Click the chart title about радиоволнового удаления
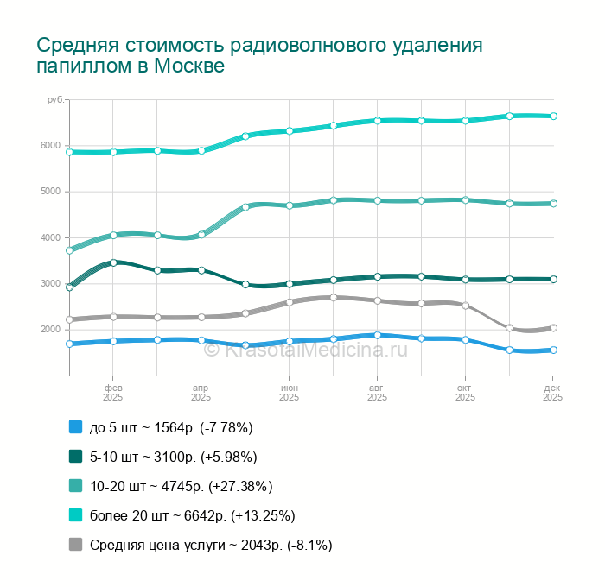pyautogui.click(x=259, y=55)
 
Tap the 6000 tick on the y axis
pyautogui.click(x=49, y=145)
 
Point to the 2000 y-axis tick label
pyautogui.click(x=49, y=330)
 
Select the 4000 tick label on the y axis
pyautogui.click(x=49, y=237)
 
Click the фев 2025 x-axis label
pyautogui.click(x=113, y=393)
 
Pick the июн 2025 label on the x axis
pyautogui.click(x=289, y=393)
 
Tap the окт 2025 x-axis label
pyautogui.click(x=465, y=393)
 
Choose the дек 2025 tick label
pyautogui.click(x=552, y=393)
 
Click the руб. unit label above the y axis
pyautogui.click(x=55, y=101)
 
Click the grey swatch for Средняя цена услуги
pyautogui.click(x=75, y=545)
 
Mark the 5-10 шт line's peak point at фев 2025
pyautogui.click(x=113, y=262)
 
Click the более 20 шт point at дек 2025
pyautogui.click(x=553, y=116)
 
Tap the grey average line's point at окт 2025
pyautogui.click(x=465, y=306)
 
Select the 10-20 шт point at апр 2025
pyautogui.click(x=201, y=234)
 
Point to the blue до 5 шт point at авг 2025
pyautogui.click(x=377, y=335)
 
